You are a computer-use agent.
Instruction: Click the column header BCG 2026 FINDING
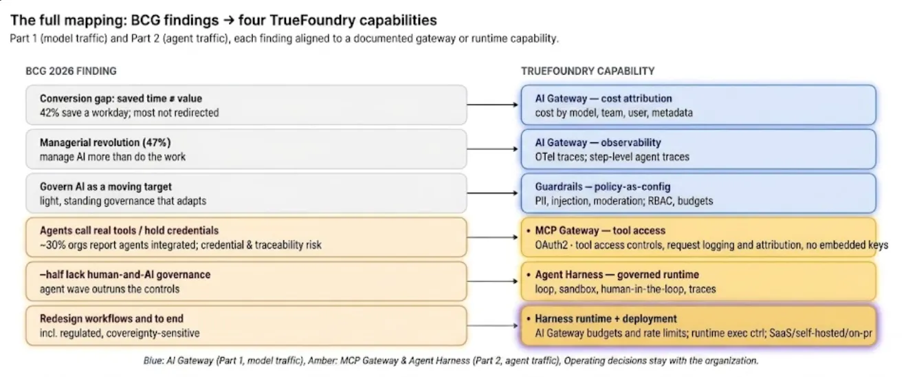click(x=71, y=72)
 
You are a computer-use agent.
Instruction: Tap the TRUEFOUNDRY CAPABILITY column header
click(x=588, y=72)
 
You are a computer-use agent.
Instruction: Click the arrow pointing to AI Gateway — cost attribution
click(x=493, y=105)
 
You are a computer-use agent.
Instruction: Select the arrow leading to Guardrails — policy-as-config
click(x=493, y=193)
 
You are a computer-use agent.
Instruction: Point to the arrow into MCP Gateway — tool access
click(x=493, y=237)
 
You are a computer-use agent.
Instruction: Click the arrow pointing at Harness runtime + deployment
click(x=493, y=325)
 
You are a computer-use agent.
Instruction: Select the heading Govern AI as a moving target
click(x=106, y=186)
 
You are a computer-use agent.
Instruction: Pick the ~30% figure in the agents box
click(x=50, y=245)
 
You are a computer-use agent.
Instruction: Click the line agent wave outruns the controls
click(x=109, y=289)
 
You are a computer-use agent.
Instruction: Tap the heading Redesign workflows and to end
click(x=111, y=319)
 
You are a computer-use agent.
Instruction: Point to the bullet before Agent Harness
click(x=528, y=274)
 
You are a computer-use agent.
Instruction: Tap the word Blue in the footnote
click(x=153, y=360)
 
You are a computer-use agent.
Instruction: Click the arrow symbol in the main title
click(x=228, y=20)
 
